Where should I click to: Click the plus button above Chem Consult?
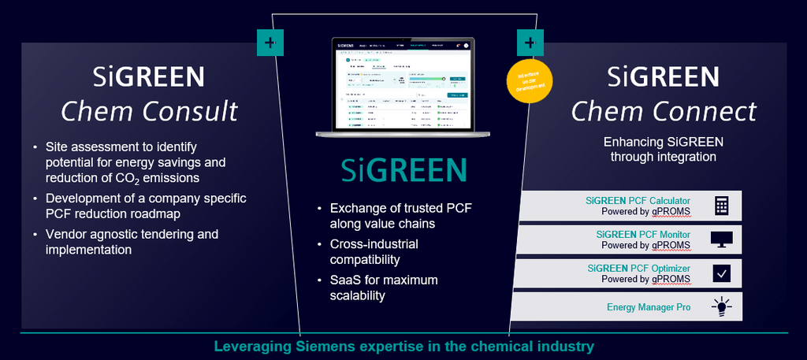coord(270,43)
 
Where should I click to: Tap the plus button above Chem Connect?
coord(530,43)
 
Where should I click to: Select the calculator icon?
coord(721,206)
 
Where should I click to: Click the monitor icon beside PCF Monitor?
coord(721,239)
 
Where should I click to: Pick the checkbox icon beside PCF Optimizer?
coord(721,273)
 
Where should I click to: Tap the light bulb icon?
coord(721,307)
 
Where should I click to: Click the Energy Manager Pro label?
coord(649,307)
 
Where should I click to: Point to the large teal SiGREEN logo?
coord(403,171)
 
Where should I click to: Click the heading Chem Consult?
coord(149,110)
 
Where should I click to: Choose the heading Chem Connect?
coord(664,110)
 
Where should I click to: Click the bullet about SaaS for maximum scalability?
coord(385,288)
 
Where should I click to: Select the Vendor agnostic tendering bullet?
coord(132,242)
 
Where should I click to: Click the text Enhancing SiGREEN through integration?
coord(663,149)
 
